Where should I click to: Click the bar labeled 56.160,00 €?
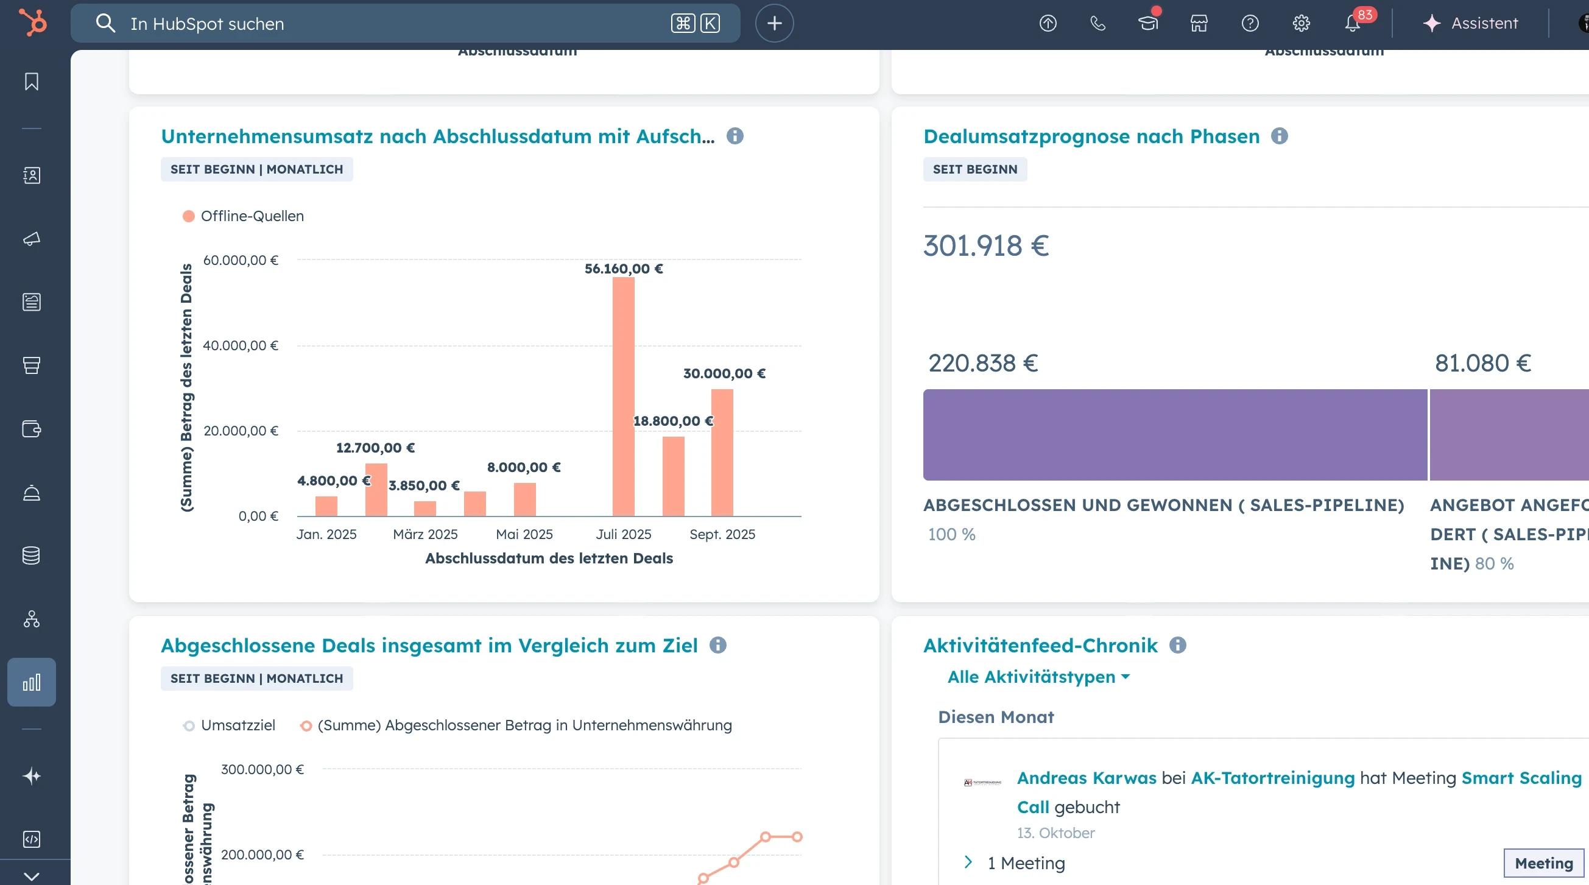(623, 396)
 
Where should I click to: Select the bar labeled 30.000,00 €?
(722, 452)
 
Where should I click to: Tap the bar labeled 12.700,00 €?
(376, 489)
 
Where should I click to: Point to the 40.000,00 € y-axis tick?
(241, 345)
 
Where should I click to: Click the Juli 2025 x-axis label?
(623, 534)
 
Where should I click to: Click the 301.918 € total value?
(985, 245)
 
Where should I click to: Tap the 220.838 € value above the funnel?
(982, 363)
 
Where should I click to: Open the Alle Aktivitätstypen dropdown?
(1038, 677)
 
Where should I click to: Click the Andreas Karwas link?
(1087, 778)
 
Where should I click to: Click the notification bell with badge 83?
(1352, 23)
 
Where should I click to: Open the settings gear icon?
(1301, 23)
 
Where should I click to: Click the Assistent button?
(1470, 23)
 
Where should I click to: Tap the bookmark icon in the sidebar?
(32, 82)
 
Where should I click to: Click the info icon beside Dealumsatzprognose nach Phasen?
(1280, 136)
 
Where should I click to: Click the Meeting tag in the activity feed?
(1543, 863)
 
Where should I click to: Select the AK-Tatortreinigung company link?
(1272, 778)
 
